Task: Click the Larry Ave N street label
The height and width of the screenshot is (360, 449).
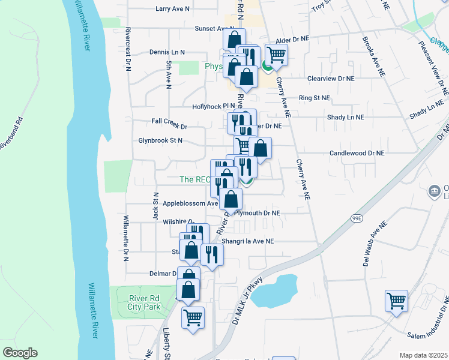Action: click(x=172, y=9)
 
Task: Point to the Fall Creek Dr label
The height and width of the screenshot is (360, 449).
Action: click(x=169, y=127)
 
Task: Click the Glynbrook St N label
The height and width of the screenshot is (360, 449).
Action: click(x=158, y=140)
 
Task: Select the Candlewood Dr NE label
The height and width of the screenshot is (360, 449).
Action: click(x=357, y=154)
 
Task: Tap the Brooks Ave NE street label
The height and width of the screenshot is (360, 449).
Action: click(x=372, y=57)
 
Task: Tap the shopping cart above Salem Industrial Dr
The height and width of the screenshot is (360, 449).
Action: click(x=397, y=301)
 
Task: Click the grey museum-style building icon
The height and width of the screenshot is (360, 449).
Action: click(x=433, y=192)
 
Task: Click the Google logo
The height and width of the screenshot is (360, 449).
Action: click(x=20, y=352)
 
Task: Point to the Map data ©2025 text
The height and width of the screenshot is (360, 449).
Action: click(x=423, y=355)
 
